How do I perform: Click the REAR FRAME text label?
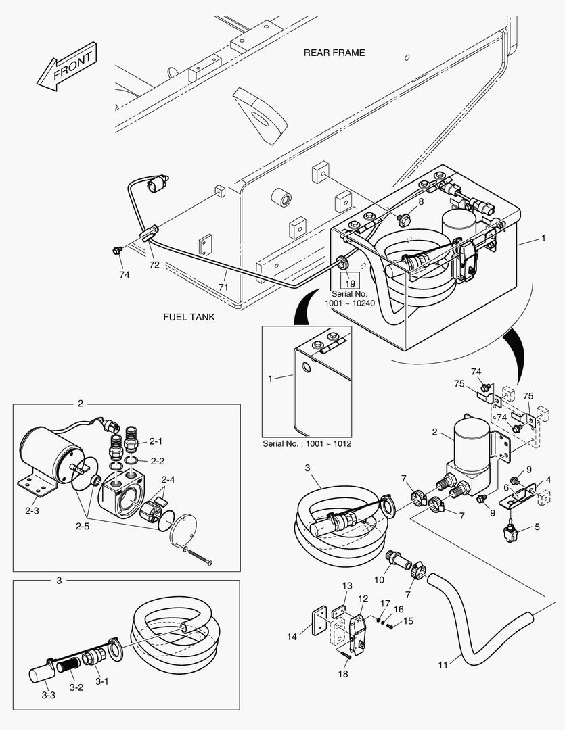pos(334,53)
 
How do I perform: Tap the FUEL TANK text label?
pos(189,316)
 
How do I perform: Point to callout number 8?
pos(421,201)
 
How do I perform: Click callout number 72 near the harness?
pos(154,266)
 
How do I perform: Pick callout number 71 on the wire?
pos(223,287)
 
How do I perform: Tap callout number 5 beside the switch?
pos(537,527)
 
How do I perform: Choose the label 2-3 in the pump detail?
pos(32,511)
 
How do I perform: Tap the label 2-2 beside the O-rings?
pos(156,461)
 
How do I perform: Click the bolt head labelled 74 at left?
pos(118,251)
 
